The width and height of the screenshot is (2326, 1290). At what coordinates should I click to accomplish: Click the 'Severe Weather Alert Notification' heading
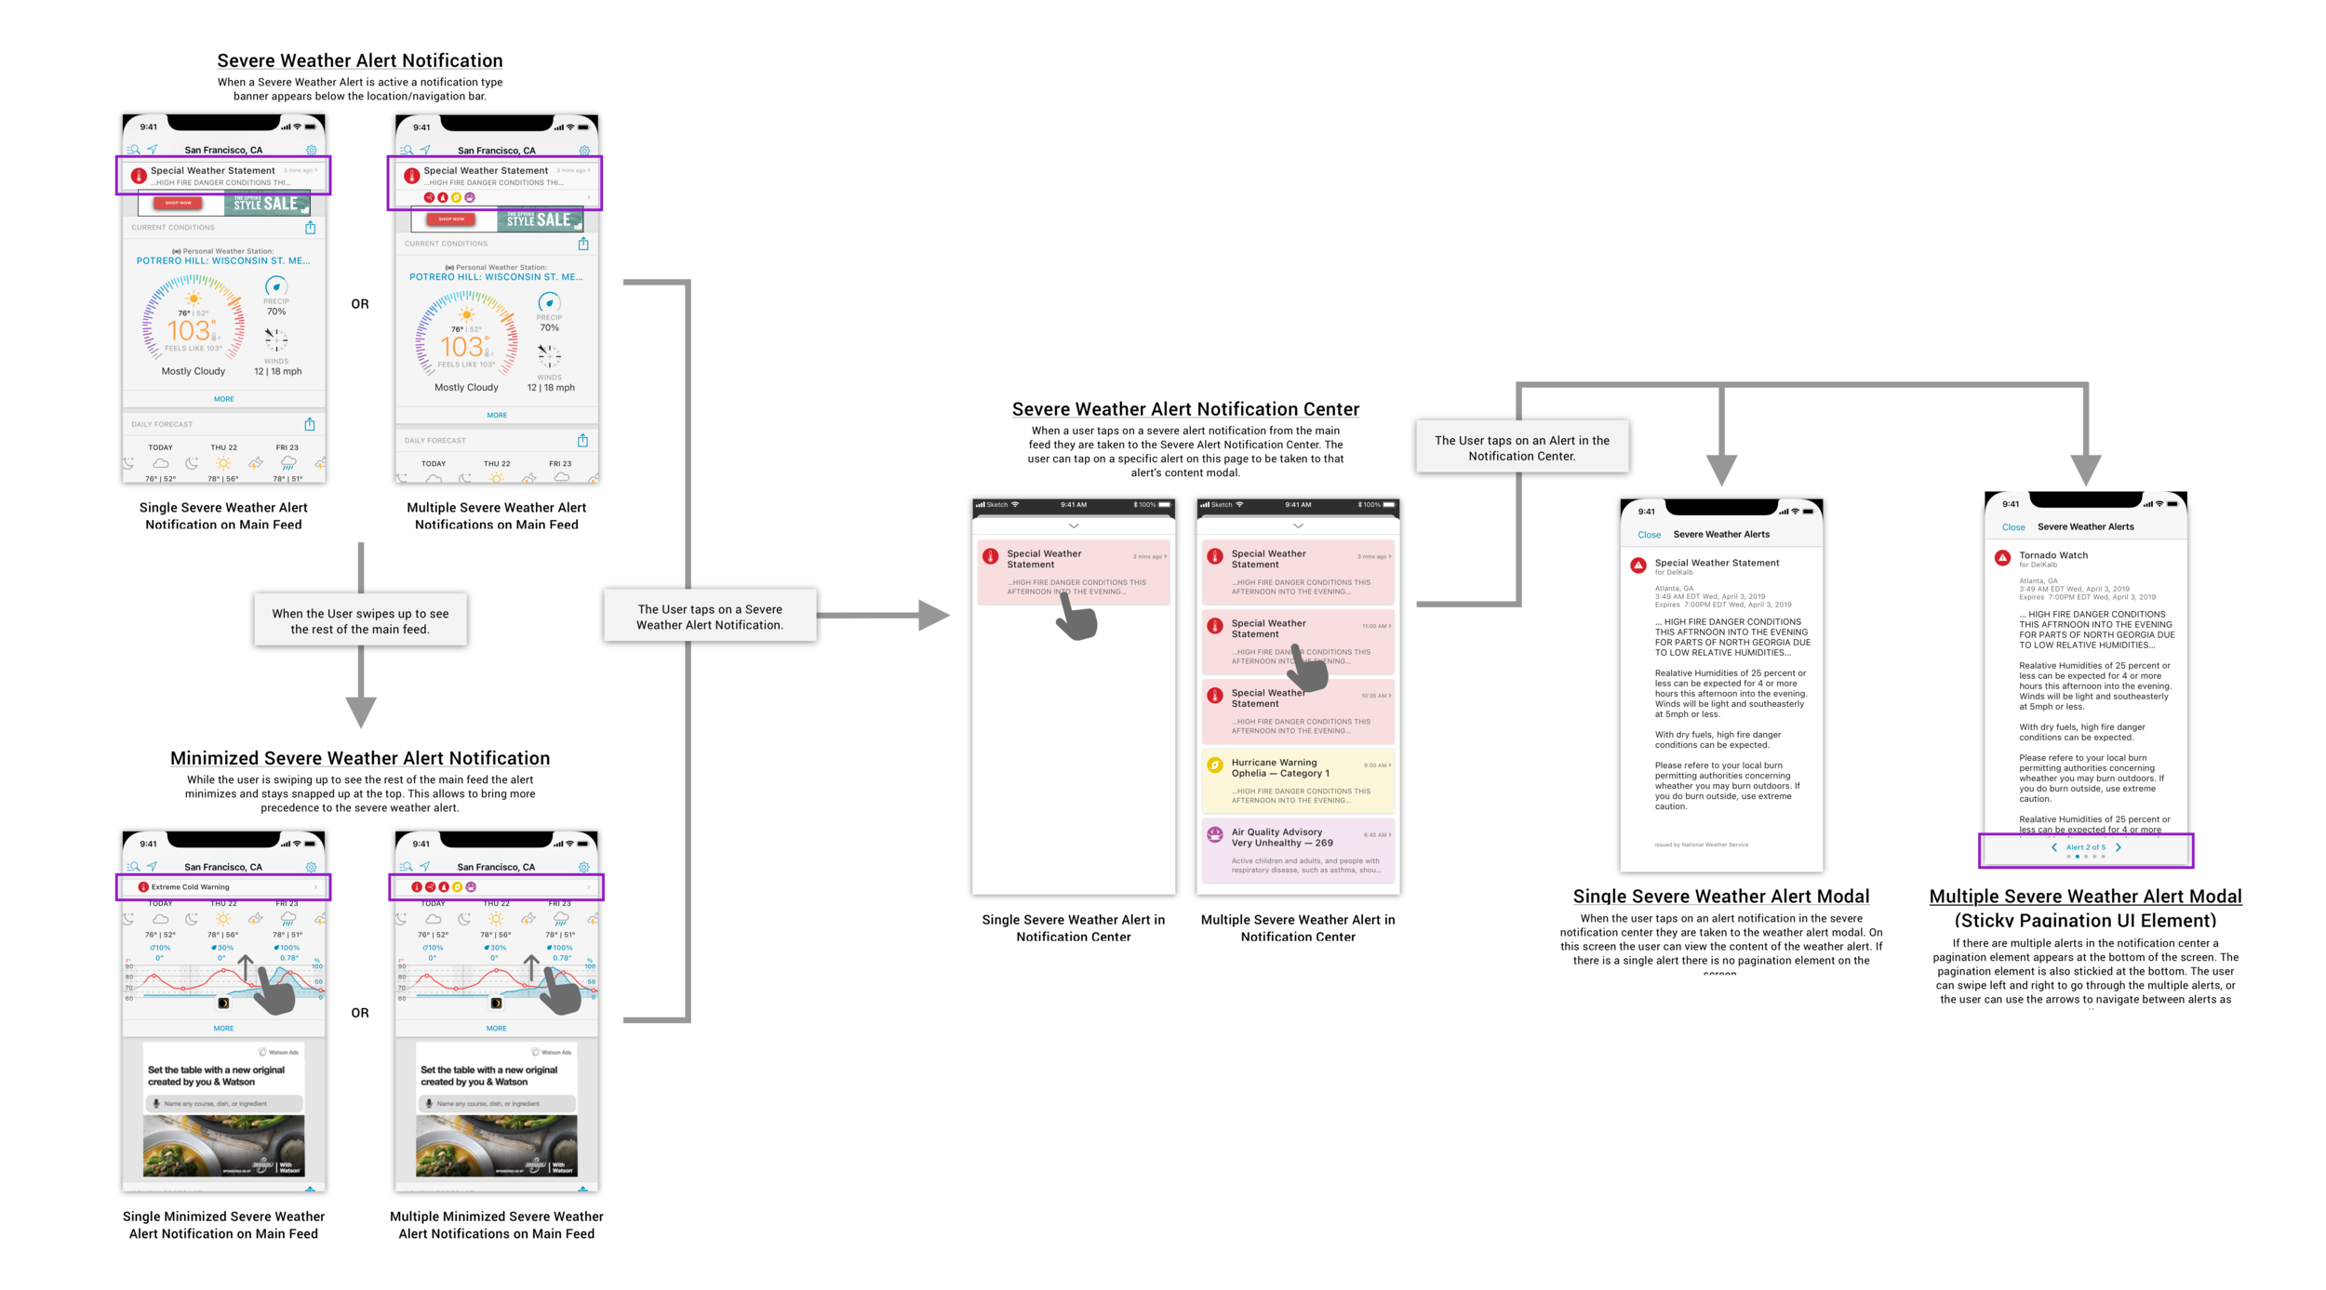click(359, 60)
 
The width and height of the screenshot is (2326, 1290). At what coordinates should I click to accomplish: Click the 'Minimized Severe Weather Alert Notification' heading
click(359, 758)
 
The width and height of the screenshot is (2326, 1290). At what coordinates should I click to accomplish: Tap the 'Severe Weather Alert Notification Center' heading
click(1185, 409)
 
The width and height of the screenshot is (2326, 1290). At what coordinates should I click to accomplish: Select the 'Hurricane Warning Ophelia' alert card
click(1298, 780)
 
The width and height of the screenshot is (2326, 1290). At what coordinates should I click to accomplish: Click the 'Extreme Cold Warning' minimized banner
click(223, 887)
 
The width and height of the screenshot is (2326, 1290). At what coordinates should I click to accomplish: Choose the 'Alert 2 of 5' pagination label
click(2085, 847)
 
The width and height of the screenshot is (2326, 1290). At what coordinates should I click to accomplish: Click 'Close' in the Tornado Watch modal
click(2012, 527)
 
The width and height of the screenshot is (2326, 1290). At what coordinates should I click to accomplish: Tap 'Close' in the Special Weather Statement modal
click(1649, 535)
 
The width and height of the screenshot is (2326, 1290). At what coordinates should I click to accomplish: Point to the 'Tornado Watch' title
click(2052, 555)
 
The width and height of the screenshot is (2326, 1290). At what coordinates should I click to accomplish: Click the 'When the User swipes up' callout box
click(360, 621)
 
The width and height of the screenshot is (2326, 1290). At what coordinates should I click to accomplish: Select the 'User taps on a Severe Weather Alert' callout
click(710, 617)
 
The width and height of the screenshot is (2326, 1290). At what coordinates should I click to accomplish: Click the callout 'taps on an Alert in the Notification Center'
click(1521, 447)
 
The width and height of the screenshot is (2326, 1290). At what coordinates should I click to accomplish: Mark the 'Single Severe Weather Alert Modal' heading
click(1720, 897)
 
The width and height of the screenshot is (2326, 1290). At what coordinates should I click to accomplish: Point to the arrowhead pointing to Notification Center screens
click(933, 615)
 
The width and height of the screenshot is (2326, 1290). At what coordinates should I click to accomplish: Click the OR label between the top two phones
click(360, 304)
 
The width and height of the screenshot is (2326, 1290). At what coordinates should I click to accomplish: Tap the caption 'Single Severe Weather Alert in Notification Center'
click(1073, 928)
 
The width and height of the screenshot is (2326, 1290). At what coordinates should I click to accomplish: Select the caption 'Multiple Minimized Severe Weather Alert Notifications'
click(496, 1225)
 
